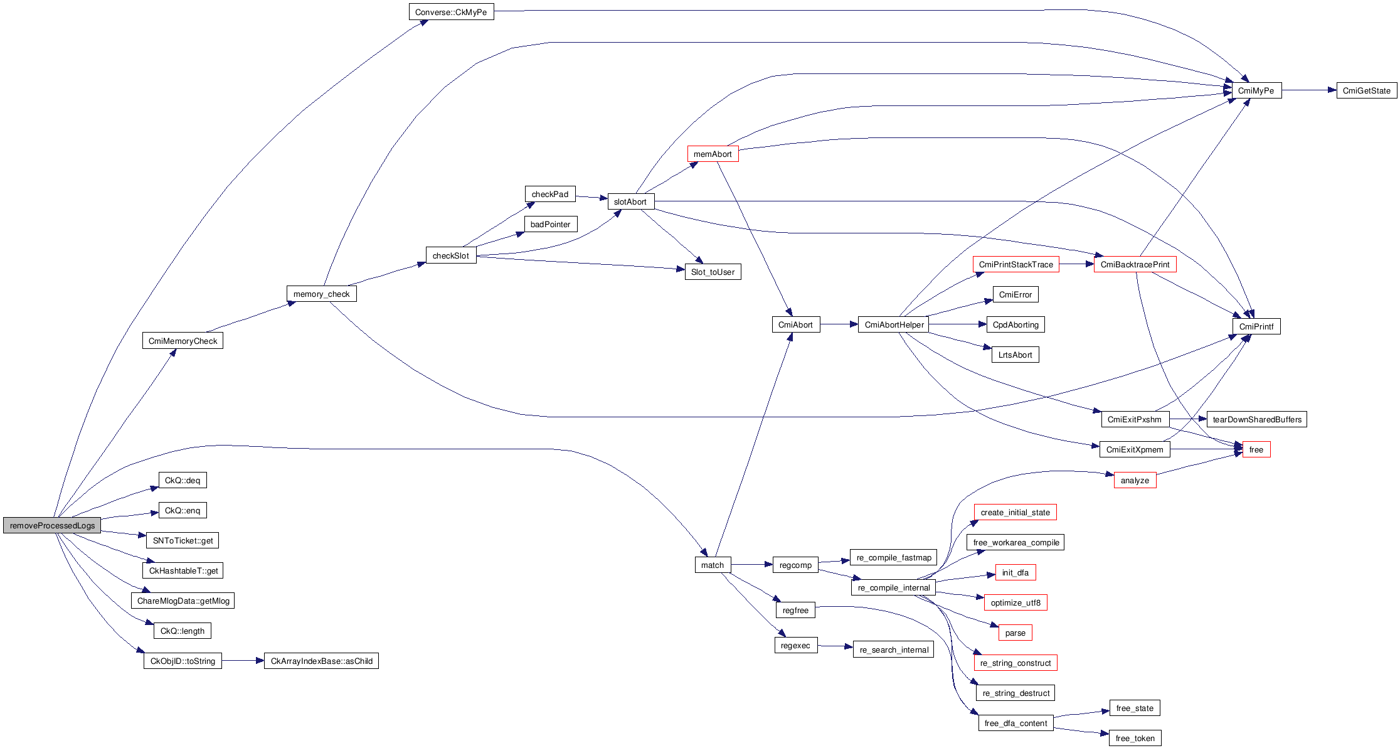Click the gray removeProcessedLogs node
click(x=52, y=525)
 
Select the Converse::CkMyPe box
click(x=451, y=12)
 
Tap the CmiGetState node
click(x=1366, y=90)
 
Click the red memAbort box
click(x=713, y=154)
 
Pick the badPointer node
click(x=550, y=224)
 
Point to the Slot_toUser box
click(x=713, y=272)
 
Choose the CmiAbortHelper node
click(x=893, y=324)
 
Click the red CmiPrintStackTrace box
click(x=1016, y=264)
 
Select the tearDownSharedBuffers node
click(x=1256, y=419)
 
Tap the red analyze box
click(x=1135, y=480)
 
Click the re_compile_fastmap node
click(x=893, y=557)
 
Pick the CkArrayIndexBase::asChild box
click(x=321, y=661)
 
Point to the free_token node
click(x=1135, y=738)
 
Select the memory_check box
click(x=321, y=294)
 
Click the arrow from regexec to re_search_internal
click(x=835, y=646)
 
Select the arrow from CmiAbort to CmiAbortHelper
click(x=839, y=324)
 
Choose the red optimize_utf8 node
click(x=1016, y=602)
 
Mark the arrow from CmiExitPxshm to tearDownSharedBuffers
click(x=1188, y=419)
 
